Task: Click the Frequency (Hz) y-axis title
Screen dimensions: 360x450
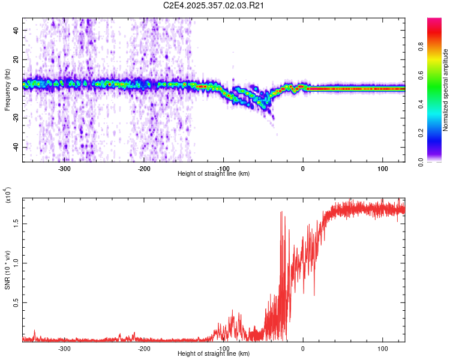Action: coord(7,91)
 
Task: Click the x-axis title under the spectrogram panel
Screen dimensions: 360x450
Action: coord(214,173)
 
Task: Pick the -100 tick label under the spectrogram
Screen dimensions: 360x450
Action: coord(223,168)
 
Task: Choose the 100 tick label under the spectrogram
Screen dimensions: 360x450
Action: coord(382,168)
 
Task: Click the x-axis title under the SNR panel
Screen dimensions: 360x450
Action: coord(214,353)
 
